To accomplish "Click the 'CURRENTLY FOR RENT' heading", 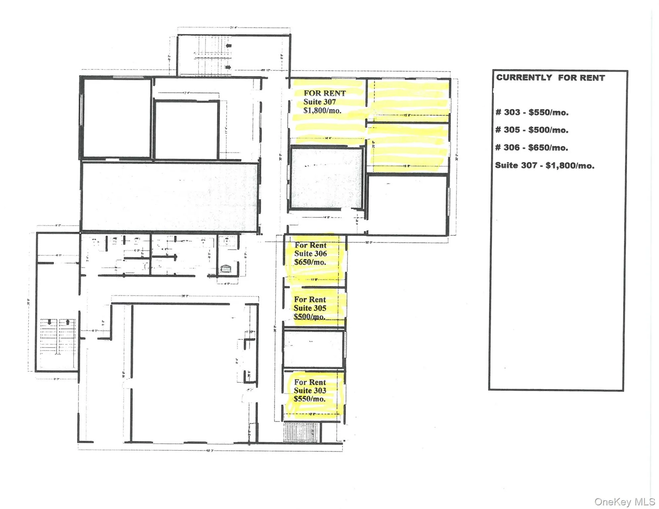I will [550, 78].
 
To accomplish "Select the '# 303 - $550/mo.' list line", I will [532, 112].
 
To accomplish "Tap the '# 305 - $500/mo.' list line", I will [532, 130].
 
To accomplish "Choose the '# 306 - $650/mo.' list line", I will [531, 147].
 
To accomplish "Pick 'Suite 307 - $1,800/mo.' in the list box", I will [544, 165].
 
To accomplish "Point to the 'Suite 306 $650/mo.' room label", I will [310, 254].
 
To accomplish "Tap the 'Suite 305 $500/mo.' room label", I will [310, 308].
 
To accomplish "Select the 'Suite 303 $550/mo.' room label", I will [310, 391].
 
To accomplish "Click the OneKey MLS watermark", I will [624, 502].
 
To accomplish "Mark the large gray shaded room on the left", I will [169, 197].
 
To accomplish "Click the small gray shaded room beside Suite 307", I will [326, 178].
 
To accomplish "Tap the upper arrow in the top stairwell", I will [229, 46].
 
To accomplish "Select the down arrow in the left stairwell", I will [49, 322].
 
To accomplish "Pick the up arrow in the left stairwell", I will [68, 322].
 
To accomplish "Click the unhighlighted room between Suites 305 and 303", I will [313, 349].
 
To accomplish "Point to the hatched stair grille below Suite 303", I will [302, 432].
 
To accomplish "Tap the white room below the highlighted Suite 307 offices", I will [407, 205].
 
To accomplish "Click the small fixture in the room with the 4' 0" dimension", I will [226, 268].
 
